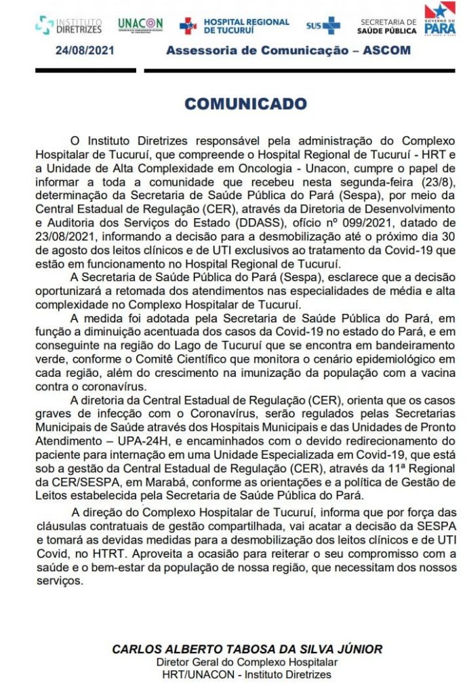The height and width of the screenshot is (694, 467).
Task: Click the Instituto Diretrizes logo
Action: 69,26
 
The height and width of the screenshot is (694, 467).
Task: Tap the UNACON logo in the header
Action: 140,25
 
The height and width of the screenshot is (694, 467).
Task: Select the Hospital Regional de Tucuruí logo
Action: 234,26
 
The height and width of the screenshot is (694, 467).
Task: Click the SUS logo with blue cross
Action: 323,26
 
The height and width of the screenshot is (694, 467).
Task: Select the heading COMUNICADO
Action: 245,104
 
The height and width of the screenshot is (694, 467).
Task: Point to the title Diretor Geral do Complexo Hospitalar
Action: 247,662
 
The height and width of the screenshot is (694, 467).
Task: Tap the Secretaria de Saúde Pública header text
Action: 388,26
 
